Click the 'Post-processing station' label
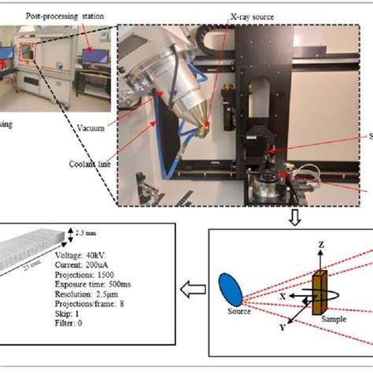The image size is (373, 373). [x=62, y=14]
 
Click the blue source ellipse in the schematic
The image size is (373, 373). [x=231, y=288]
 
